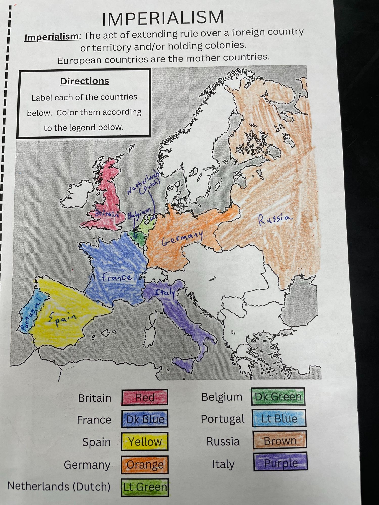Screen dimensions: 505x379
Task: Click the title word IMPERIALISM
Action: tap(163, 18)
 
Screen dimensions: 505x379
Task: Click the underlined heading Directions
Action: tap(85, 81)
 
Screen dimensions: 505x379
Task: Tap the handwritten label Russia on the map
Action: tap(275, 219)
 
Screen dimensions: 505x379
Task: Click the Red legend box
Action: tap(145, 397)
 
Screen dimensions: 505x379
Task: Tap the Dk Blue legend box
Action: tap(145, 419)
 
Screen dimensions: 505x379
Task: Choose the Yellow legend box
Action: tap(145, 442)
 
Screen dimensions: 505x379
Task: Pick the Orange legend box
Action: tap(145, 464)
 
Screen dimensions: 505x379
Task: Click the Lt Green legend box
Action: tap(145, 487)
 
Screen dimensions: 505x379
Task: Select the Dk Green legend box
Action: tap(278, 397)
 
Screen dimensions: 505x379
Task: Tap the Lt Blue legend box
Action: tap(279, 418)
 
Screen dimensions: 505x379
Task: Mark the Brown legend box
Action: tap(280, 441)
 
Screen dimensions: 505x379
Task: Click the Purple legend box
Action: tap(280, 463)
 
